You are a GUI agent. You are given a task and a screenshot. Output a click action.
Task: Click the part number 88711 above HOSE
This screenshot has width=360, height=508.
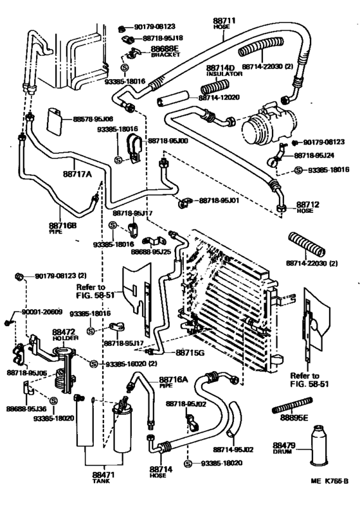pos(224,22)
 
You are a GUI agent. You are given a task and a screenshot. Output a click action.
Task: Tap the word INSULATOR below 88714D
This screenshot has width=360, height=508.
pos(224,74)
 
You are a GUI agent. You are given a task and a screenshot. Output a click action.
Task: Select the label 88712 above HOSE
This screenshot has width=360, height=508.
pos(303,205)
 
